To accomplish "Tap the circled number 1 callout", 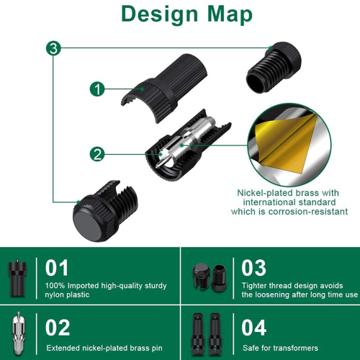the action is (97, 89).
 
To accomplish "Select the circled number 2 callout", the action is (97, 154).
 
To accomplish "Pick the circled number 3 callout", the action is (53, 48).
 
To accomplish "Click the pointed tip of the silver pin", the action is (157, 166).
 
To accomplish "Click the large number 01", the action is (57, 268).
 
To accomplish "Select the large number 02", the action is (58, 328).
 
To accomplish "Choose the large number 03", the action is (254, 268).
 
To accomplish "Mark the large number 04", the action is (254, 328).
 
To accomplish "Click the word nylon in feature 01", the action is (55, 294).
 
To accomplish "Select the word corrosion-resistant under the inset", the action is (308, 212).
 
